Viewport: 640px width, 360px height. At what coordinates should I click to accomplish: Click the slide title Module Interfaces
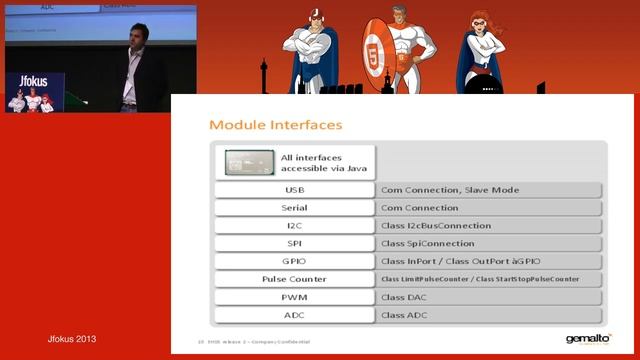(275, 125)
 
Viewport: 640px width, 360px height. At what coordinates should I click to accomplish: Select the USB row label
(294, 190)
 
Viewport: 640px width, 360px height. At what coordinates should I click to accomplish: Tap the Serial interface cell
(294, 208)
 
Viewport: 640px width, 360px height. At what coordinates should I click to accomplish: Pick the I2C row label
(294, 226)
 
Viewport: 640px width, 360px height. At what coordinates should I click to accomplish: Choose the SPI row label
(294, 244)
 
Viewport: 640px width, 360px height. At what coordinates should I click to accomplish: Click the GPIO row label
(294, 261)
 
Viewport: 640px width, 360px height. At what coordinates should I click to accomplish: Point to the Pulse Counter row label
(294, 279)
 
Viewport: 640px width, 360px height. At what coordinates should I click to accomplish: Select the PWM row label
(294, 297)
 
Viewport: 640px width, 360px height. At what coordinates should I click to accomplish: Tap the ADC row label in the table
(294, 315)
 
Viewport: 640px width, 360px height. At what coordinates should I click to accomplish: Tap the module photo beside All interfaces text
(249, 162)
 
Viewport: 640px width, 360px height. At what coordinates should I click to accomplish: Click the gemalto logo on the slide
(588, 339)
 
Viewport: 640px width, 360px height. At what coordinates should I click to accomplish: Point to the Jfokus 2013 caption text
(73, 340)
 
